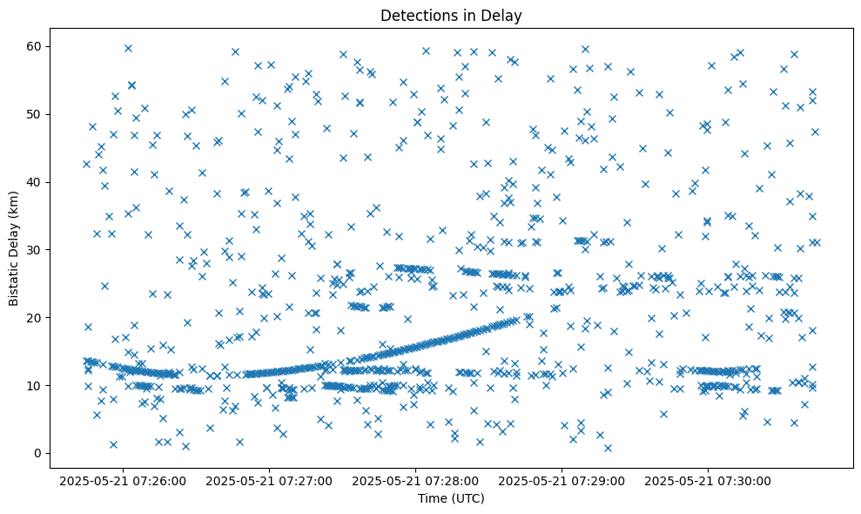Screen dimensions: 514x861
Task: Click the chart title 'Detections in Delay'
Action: pos(451,15)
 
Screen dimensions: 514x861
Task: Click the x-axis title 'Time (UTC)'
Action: pos(451,498)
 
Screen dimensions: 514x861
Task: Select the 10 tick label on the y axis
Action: pos(38,385)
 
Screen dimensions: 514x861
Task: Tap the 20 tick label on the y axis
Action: pos(38,317)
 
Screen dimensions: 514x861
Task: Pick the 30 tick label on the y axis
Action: pos(38,249)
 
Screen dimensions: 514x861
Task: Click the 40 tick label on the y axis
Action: pos(38,182)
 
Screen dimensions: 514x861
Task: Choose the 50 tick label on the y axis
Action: pos(38,114)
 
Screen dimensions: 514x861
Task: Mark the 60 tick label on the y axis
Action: pos(38,46)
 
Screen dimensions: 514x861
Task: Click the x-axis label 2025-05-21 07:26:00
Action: pos(123,480)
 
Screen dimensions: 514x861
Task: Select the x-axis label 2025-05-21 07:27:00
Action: pos(269,480)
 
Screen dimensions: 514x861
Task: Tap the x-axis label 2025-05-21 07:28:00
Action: pos(415,480)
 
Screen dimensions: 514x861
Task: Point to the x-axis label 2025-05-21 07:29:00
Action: pos(562,480)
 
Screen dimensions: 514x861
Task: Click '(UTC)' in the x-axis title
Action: pos(467,498)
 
